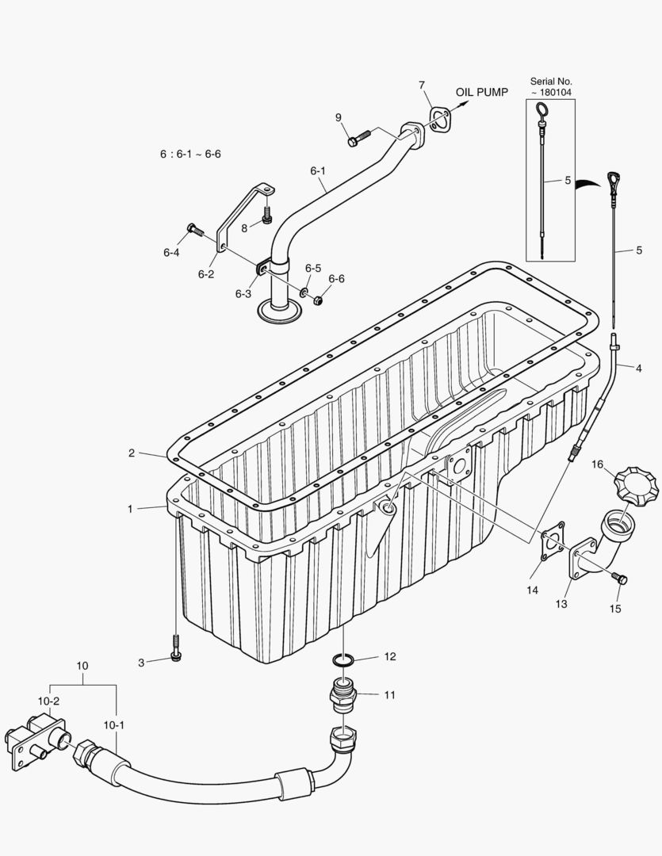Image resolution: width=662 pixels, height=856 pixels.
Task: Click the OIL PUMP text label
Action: [482, 93]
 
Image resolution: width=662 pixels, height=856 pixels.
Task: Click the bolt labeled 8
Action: [266, 213]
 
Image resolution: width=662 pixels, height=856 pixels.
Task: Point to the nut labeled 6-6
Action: [317, 300]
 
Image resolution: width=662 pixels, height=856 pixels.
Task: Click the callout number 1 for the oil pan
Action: [129, 509]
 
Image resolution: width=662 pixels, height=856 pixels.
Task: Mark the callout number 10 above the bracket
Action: [82, 666]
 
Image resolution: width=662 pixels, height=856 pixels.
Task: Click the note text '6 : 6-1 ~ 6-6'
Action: [190, 154]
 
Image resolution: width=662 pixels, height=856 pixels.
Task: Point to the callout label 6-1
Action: [317, 170]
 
